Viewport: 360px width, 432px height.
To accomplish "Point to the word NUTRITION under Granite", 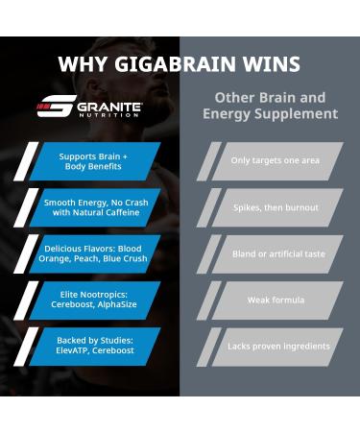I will (108, 117).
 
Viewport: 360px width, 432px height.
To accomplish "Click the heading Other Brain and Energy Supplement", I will (270, 106).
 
